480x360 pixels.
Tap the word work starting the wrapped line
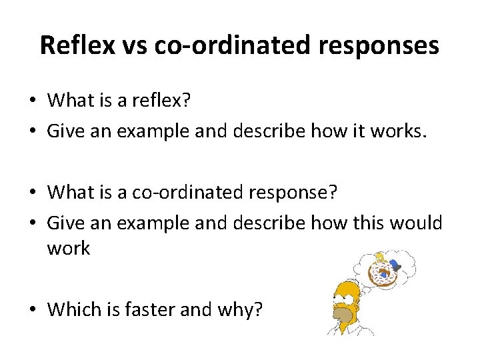pos(68,249)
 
